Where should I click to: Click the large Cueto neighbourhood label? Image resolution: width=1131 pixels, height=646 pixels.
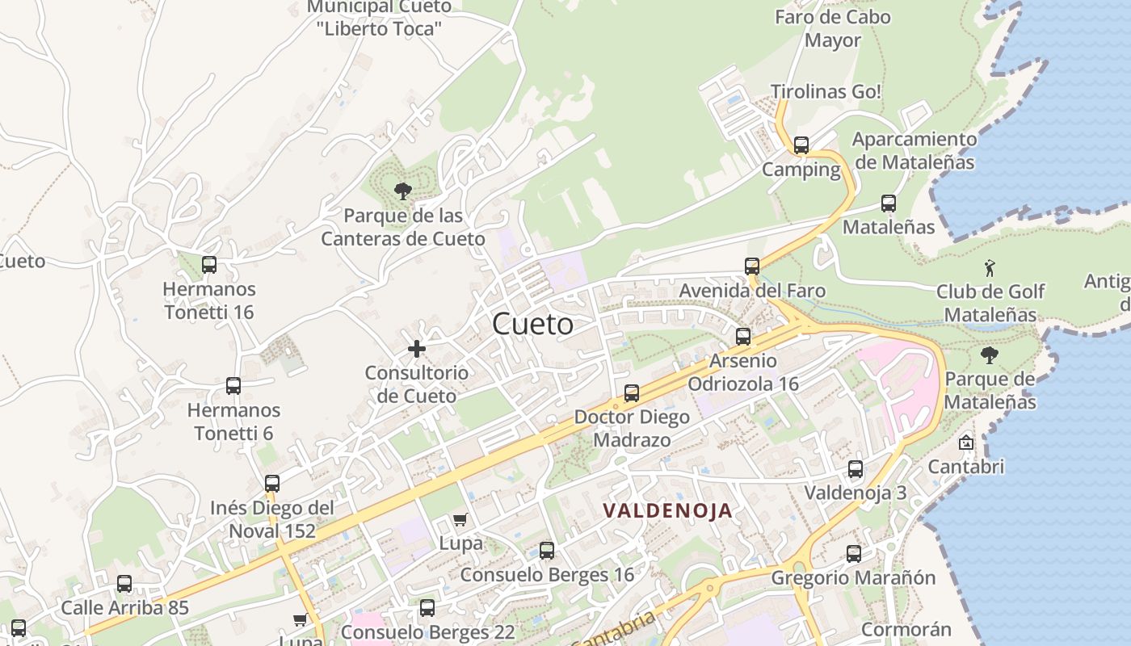pyautogui.click(x=533, y=325)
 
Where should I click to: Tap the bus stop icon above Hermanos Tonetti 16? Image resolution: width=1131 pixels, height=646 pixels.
pyautogui.click(x=209, y=264)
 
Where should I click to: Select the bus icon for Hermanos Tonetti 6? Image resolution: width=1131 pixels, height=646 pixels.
pyautogui.click(x=233, y=386)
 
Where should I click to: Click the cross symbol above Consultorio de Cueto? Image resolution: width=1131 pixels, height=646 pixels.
pyautogui.click(x=417, y=349)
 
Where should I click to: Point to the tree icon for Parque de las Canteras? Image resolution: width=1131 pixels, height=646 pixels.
pyautogui.click(x=402, y=191)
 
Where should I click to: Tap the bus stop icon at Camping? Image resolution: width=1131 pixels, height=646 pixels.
pyautogui.click(x=801, y=145)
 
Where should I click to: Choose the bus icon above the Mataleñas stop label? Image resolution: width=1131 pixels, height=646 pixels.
pyautogui.click(x=889, y=203)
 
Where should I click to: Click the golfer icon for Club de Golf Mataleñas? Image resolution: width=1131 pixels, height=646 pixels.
pyautogui.click(x=990, y=268)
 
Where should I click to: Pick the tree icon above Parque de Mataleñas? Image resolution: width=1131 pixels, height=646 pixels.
pyautogui.click(x=989, y=355)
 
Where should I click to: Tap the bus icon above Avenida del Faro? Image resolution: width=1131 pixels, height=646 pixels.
pyautogui.click(x=752, y=266)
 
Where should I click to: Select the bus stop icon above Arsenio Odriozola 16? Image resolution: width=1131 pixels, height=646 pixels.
pyautogui.click(x=743, y=337)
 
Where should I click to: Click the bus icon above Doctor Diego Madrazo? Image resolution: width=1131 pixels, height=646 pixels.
pyautogui.click(x=632, y=393)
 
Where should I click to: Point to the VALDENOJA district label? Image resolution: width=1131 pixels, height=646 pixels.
pyautogui.click(x=668, y=510)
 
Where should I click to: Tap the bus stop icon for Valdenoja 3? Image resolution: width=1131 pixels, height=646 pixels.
pyautogui.click(x=856, y=469)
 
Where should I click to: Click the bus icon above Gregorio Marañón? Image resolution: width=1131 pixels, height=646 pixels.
pyautogui.click(x=854, y=554)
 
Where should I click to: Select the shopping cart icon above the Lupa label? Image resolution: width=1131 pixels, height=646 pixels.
pyautogui.click(x=460, y=520)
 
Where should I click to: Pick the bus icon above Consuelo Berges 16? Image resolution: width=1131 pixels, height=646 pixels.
pyautogui.click(x=547, y=551)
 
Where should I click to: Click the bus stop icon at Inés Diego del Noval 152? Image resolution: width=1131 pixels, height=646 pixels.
pyautogui.click(x=272, y=484)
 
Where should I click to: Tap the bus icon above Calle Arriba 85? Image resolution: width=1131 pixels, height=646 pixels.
pyautogui.click(x=124, y=584)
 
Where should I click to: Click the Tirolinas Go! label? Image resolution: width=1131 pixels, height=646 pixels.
pyautogui.click(x=826, y=92)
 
